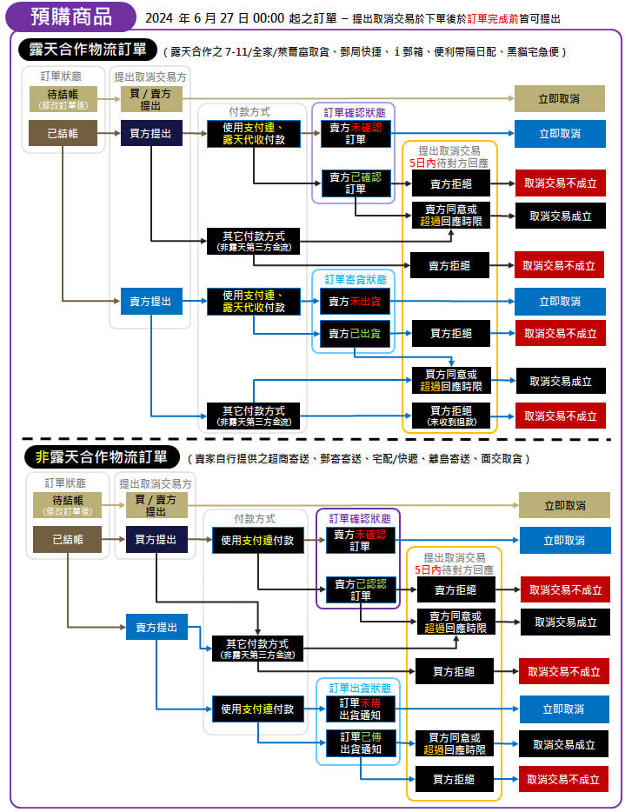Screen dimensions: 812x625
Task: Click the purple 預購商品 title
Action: (70, 17)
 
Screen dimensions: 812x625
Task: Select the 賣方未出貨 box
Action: (356, 302)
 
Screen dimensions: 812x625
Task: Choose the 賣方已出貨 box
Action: (356, 333)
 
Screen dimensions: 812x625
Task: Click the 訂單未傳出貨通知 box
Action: (359, 709)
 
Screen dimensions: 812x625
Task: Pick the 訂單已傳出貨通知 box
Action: (359, 743)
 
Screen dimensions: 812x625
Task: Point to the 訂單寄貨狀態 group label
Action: (354, 279)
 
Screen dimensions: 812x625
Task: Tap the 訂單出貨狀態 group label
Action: (359, 688)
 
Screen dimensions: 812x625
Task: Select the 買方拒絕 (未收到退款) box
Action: (451, 416)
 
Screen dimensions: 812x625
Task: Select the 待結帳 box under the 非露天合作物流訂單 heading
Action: (66, 505)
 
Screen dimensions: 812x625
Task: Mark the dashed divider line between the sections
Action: (313, 439)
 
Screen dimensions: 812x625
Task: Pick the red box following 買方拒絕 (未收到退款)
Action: (560, 416)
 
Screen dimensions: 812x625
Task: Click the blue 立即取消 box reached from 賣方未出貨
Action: (560, 302)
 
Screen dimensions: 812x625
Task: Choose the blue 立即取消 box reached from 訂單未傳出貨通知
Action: (564, 709)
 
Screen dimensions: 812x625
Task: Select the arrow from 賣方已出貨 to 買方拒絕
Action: (401, 333)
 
